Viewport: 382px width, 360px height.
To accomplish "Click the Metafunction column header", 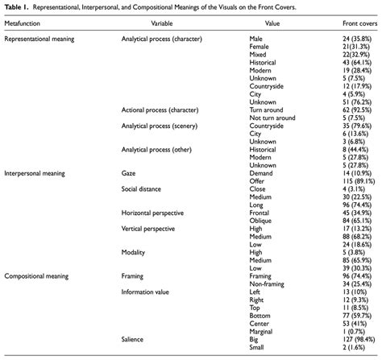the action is tap(24, 24).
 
